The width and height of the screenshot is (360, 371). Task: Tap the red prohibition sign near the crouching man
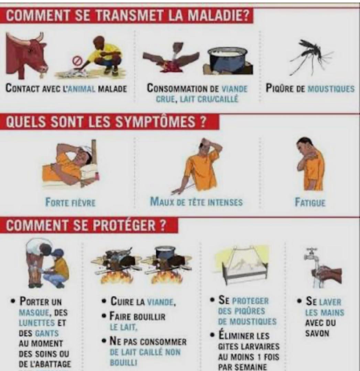coord(76,61)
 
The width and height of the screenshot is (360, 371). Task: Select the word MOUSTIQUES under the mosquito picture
coord(331,89)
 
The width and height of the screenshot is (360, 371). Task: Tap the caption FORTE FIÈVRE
coord(70,203)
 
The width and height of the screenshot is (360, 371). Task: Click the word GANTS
coord(47,333)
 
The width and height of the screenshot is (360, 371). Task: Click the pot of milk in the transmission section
coord(227,60)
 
